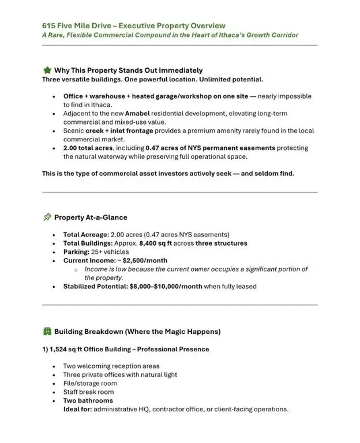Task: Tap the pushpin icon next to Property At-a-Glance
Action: pyautogui.click(x=47, y=217)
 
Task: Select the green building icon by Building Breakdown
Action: pyautogui.click(x=47, y=332)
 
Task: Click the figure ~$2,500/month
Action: pyautogui.click(x=138, y=260)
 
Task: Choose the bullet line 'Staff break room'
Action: pyautogui.click(x=89, y=392)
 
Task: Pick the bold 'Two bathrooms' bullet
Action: pyautogui.click(x=88, y=400)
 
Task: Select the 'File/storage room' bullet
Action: pyautogui.click(x=90, y=383)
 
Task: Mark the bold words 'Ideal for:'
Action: pyautogui.click(x=79, y=409)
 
